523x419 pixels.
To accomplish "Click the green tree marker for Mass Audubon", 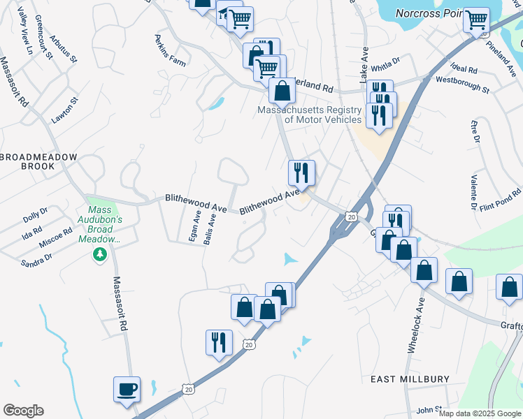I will tap(100, 254).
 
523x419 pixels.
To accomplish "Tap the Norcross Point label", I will tap(429, 13).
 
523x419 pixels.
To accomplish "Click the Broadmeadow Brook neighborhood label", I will tap(37, 162).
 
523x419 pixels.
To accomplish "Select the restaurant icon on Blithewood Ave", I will tap(302, 172).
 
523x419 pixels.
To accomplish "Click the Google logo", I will tap(23, 411).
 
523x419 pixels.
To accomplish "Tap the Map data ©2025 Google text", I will tap(480, 413).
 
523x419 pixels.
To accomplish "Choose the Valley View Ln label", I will tap(25, 31).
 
